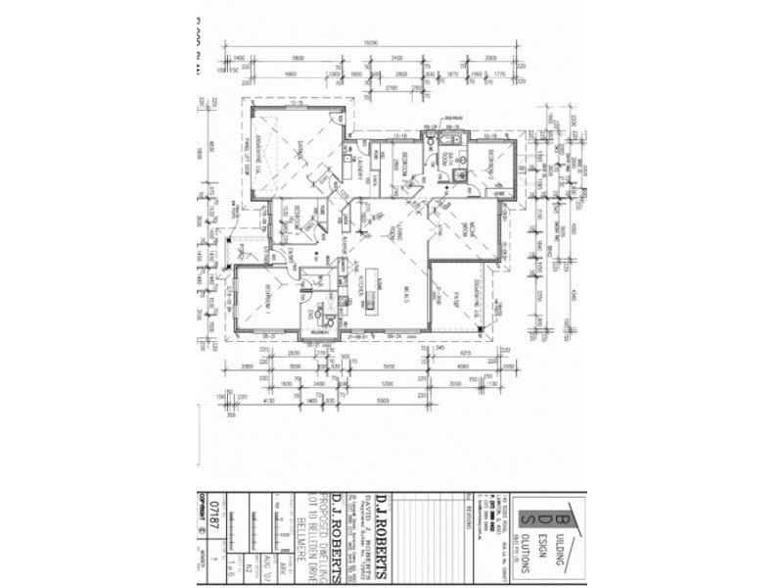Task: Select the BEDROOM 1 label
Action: tap(265, 295)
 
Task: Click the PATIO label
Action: tap(455, 298)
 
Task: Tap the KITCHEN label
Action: tap(359, 285)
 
